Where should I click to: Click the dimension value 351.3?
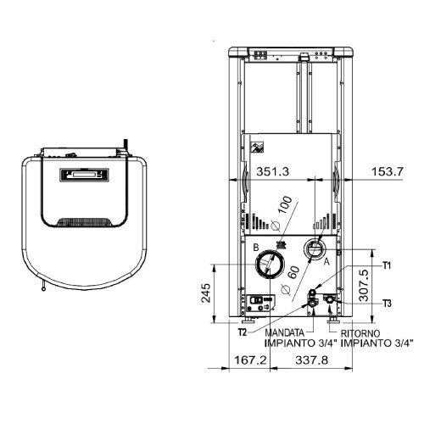point(273,171)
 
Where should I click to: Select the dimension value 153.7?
point(388,171)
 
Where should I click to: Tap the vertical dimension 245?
point(206,293)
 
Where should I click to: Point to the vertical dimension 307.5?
point(364,285)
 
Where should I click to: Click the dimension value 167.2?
point(250,360)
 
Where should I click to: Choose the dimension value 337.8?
point(312,360)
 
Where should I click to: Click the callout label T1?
point(387,265)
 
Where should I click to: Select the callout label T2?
point(243,332)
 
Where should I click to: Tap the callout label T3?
point(388,304)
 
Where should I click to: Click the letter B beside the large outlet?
point(256,248)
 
